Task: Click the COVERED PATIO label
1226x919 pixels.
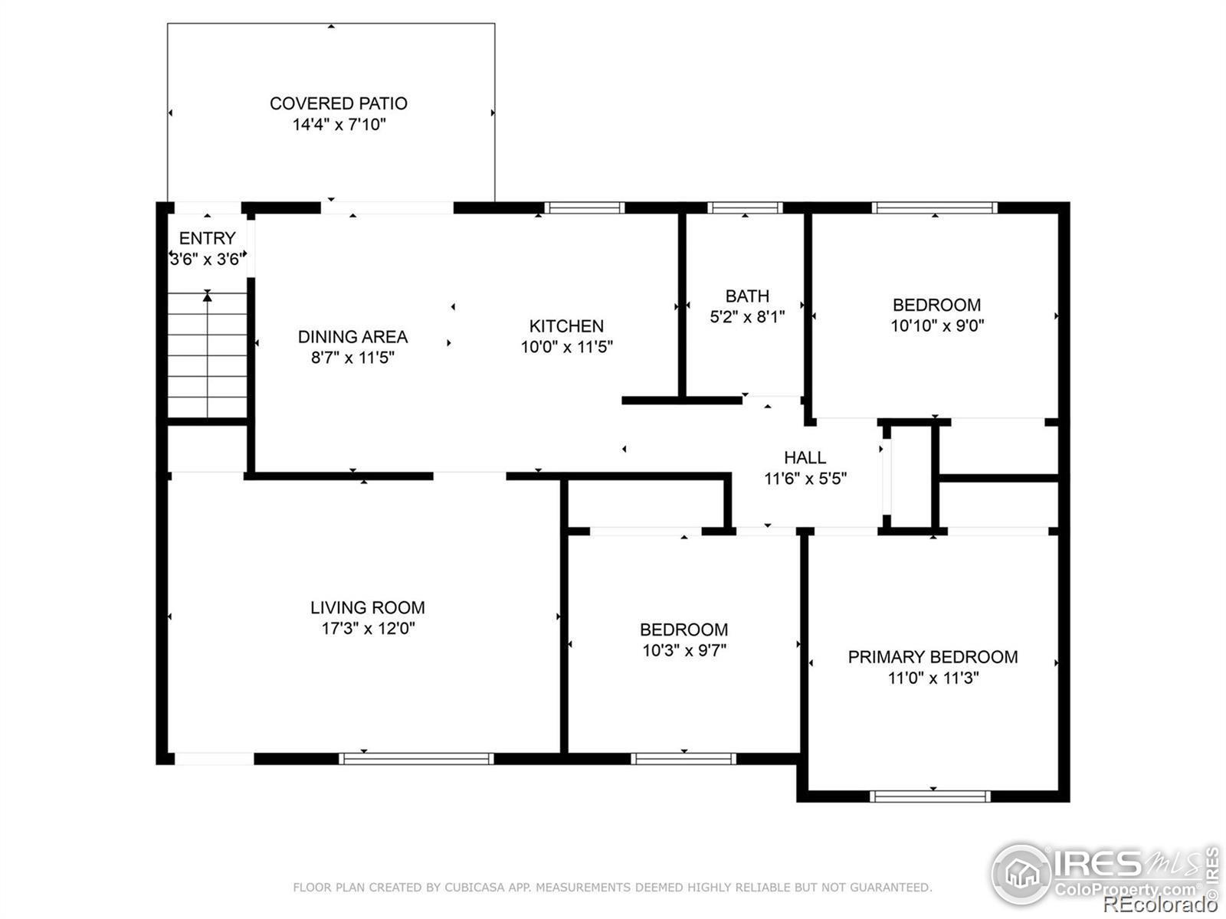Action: [x=339, y=104]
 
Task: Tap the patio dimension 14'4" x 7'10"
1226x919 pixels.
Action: [x=339, y=124]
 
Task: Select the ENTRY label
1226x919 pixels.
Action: [x=207, y=238]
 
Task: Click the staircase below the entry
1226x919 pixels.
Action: [x=207, y=355]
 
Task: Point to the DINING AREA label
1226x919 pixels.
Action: [x=353, y=337]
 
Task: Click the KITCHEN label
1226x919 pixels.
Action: [x=566, y=326]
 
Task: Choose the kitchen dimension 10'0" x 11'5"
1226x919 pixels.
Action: [x=566, y=347]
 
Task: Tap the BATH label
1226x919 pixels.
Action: [x=747, y=296]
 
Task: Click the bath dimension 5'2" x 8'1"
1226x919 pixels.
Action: [x=747, y=317]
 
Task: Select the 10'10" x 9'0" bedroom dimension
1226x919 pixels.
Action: [x=937, y=325]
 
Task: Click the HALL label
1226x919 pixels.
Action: [x=805, y=458]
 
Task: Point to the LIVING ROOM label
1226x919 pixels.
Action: [x=368, y=607]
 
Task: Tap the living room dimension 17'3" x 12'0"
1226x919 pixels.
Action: [x=368, y=629]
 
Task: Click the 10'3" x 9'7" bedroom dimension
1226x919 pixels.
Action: [x=684, y=651]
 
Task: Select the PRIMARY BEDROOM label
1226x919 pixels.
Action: [x=933, y=657]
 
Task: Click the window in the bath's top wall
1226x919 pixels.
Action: [x=745, y=208]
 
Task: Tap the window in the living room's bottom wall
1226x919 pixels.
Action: [x=416, y=759]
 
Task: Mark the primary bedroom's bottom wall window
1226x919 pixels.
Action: [x=930, y=796]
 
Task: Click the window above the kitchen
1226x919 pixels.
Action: [x=585, y=208]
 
